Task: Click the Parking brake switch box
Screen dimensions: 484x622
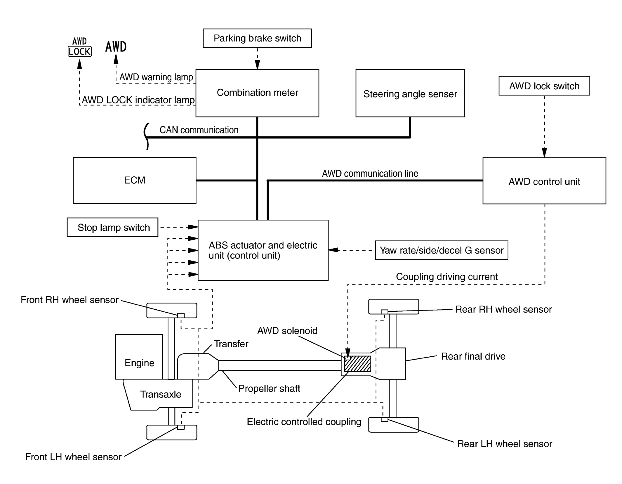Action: tap(257, 38)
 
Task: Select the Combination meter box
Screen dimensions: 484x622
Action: tap(257, 93)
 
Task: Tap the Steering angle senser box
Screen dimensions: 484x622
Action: tap(410, 93)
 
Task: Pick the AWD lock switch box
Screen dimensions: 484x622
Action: tap(544, 86)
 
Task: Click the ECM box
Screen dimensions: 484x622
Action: tap(134, 180)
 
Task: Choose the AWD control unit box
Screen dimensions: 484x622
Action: tap(544, 181)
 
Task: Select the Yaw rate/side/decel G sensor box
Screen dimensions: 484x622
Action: tap(441, 250)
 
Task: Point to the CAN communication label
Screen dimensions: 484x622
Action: tap(199, 130)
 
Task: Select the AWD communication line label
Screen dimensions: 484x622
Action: tap(370, 174)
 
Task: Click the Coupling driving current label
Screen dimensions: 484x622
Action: tap(446, 277)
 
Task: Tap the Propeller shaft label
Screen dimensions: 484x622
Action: tap(269, 388)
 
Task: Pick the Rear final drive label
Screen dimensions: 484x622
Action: tap(473, 356)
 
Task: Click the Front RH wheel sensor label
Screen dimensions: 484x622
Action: tap(70, 300)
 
